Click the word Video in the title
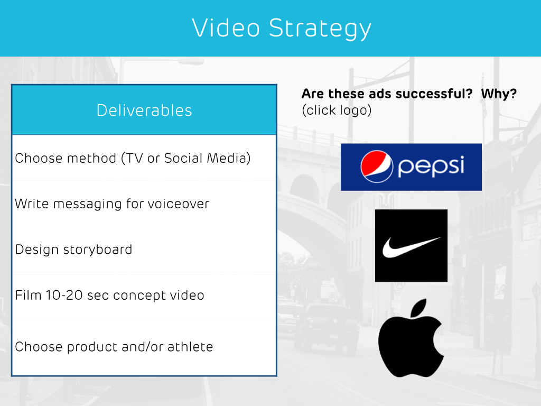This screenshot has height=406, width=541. pyautogui.click(x=226, y=27)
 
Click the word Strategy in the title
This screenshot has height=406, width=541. pyautogui.click(x=320, y=29)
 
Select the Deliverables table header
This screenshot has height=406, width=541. pyautogui.click(x=144, y=110)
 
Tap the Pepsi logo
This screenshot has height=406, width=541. pyautogui.click(x=411, y=167)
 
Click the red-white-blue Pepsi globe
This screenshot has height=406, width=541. pyautogui.click(x=377, y=167)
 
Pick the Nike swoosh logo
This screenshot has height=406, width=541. pyautogui.click(x=411, y=245)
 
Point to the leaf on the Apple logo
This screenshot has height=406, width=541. pyautogui.click(x=419, y=307)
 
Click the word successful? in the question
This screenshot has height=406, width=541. pyautogui.click(x=434, y=94)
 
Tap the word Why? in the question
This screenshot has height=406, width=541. pyautogui.click(x=499, y=94)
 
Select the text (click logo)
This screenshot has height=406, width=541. pyautogui.click(x=337, y=110)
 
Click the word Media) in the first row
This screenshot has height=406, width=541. pyautogui.click(x=228, y=158)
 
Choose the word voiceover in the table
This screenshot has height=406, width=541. pyautogui.click(x=179, y=204)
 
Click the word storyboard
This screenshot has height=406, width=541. pyautogui.click(x=98, y=250)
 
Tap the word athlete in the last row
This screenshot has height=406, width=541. pyautogui.click(x=190, y=347)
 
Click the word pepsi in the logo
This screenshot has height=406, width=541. pyautogui.click(x=431, y=167)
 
